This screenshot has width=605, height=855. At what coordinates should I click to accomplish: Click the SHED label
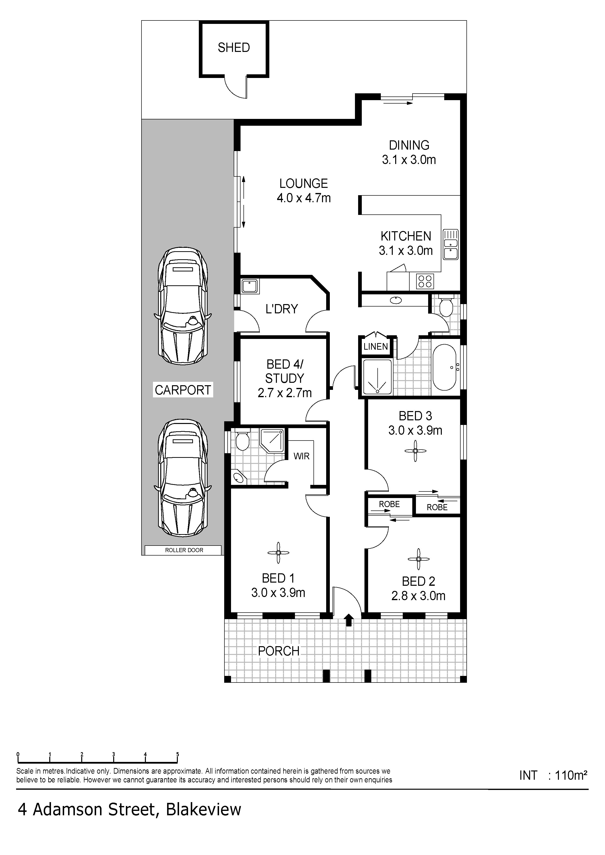coord(234,48)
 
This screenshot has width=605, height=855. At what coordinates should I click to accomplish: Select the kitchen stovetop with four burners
coord(425,281)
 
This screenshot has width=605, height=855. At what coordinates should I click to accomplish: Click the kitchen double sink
coord(451,244)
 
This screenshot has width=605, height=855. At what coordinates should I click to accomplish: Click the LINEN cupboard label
coord(376,347)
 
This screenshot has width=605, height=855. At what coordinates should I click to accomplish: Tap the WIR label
coord(302,456)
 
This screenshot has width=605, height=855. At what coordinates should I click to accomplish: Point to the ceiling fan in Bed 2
coord(419,559)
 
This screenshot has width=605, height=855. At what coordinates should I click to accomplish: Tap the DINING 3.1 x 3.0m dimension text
coord(409,152)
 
